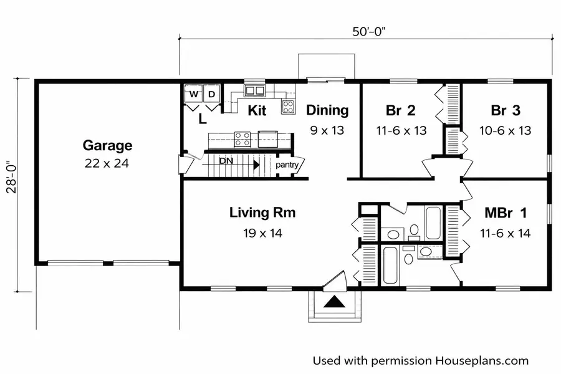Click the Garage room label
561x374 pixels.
[x=107, y=145]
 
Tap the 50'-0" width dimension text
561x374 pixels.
[x=369, y=32]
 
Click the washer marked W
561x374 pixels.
[x=194, y=94]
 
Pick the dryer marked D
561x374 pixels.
[x=212, y=94]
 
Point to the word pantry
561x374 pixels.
[x=287, y=165]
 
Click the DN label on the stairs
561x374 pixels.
[x=226, y=161]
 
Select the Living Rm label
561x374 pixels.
[x=262, y=213]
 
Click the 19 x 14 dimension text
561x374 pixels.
[x=262, y=233]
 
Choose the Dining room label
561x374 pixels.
[x=327, y=110]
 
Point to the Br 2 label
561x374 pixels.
[x=401, y=110]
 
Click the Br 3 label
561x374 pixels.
[x=506, y=110]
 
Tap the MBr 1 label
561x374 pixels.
[x=506, y=213]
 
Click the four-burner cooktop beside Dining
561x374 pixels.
[x=289, y=107]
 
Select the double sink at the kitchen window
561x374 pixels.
[x=255, y=90]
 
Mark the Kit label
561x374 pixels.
[x=257, y=110]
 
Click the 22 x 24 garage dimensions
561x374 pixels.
[x=107, y=163]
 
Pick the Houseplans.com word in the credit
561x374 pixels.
[x=482, y=361]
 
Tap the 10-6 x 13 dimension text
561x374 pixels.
[x=505, y=131]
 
